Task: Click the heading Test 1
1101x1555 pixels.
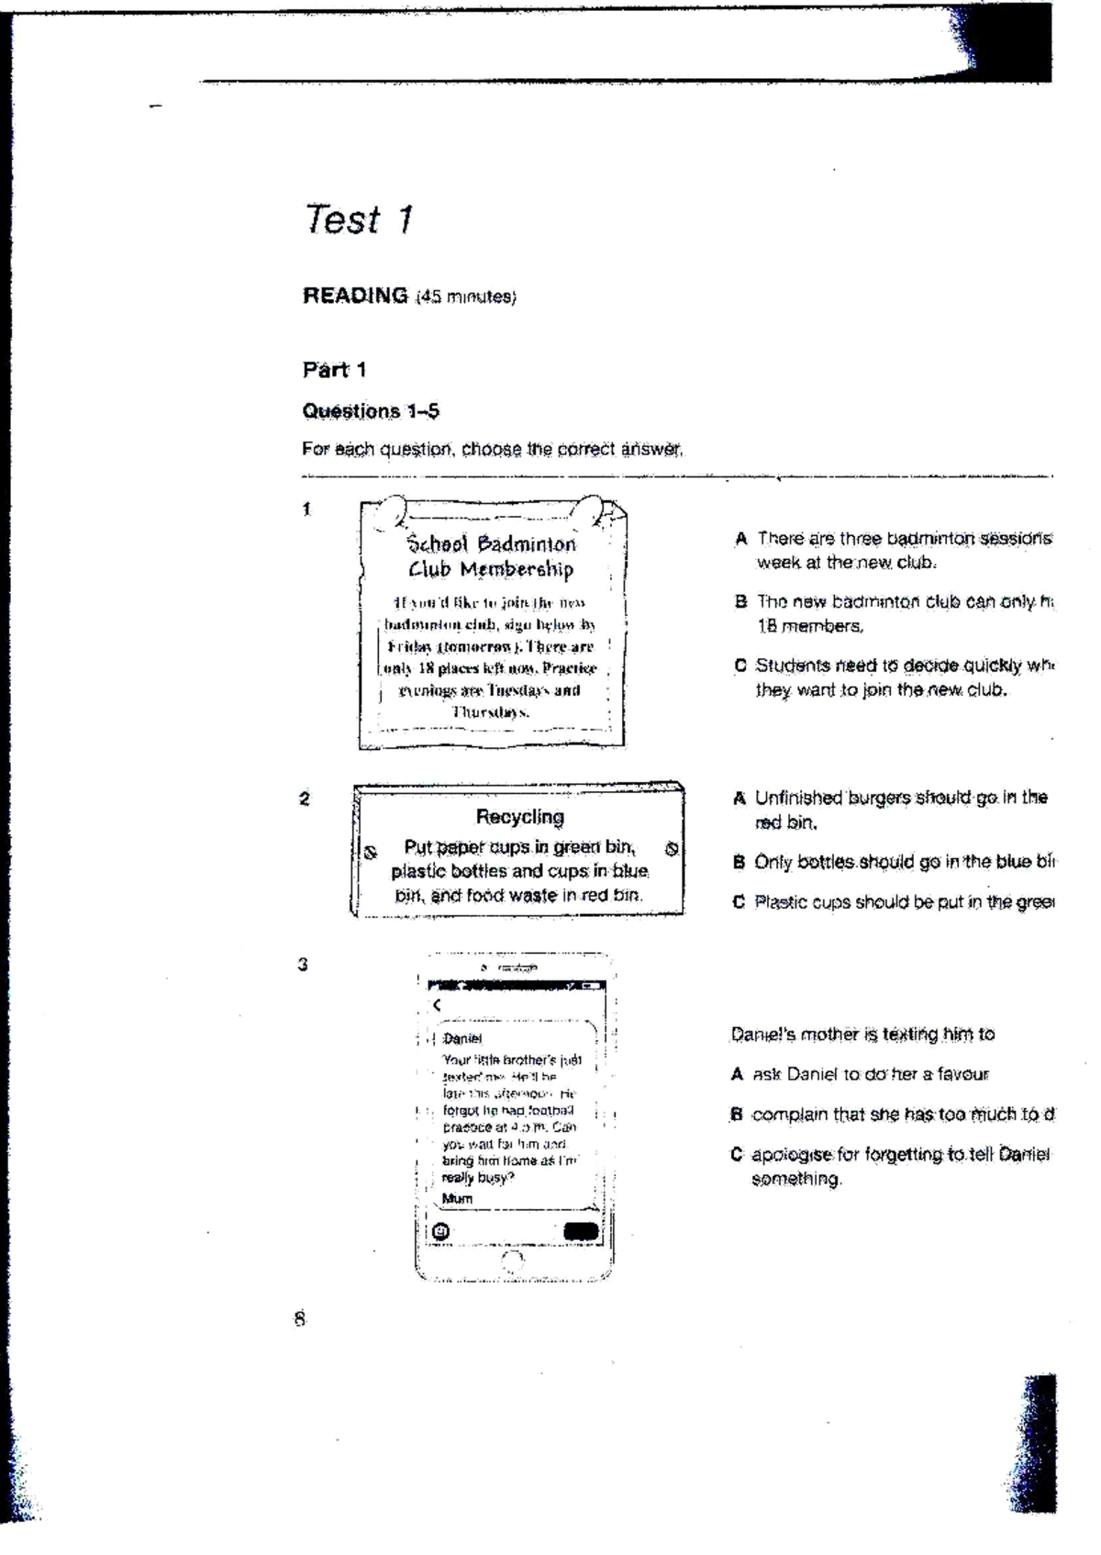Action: click(x=359, y=219)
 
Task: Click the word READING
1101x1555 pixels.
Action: click(x=355, y=296)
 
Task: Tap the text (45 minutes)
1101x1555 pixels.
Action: click(x=466, y=297)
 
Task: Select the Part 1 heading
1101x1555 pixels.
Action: click(x=334, y=370)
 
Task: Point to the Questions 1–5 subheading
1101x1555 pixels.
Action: click(x=371, y=411)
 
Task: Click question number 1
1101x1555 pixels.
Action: click(x=307, y=509)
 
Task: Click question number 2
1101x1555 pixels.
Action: click(x=305, y=799)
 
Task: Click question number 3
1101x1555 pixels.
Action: click(x=303, y=965)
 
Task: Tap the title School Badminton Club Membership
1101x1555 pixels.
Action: click(x=492, y=556)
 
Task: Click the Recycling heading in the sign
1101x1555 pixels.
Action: click(x=519, y=817)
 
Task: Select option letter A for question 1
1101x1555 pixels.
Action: click(x=740, y=539)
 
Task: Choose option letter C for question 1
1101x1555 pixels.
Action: click(x=740, y=666)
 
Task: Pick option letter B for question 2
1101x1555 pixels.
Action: click(x=739, y=863)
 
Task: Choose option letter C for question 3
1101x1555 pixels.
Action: click(x=737, y=1155)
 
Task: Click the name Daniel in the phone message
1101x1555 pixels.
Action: click(x=462, y=1038)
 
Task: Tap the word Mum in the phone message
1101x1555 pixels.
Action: click(x=457, y=1199)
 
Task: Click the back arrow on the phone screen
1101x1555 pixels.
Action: click(x=437, y=1005)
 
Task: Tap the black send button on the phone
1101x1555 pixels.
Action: click(x=580, y=1232)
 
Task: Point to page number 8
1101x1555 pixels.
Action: click(x=299, y=1319)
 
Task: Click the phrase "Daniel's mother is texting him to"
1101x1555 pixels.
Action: click(x=862, y=1035)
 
